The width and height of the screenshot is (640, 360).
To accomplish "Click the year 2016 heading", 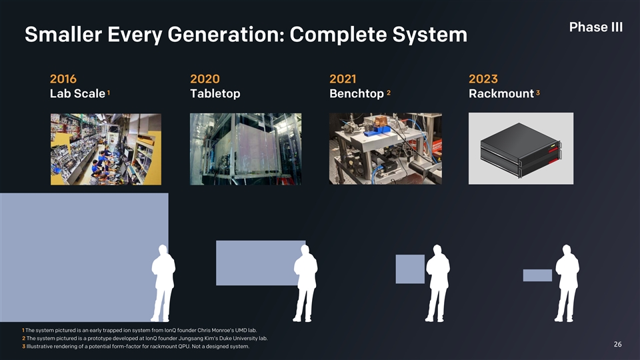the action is (x=63, y=79).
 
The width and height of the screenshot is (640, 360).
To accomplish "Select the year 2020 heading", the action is (x=205, y=79).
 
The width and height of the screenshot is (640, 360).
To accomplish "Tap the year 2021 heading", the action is (x=343, y=79).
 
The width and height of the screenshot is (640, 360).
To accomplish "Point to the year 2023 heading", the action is (x=483, y=79).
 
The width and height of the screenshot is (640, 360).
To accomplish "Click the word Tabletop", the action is (x=215, y=93).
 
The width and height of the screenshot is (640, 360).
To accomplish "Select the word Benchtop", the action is (x=356, y=93).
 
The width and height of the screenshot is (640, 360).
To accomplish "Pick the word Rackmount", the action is (x=501, y=93).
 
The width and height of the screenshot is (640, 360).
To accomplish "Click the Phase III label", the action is (x=596, y=27).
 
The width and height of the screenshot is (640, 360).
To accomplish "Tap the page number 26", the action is (x=617, y=345).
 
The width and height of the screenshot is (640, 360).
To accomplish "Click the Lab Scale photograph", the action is (x=106, y=149).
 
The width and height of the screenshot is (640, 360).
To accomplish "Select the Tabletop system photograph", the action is (x=246, y=149).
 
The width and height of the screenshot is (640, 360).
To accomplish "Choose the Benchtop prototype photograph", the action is (x=385, y=149).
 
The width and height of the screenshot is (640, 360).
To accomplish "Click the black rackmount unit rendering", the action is (x=521, y=150).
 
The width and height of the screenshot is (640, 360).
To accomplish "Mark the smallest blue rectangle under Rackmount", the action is (x=537, y=275).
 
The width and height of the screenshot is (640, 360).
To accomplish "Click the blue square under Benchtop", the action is (x=410, y=269).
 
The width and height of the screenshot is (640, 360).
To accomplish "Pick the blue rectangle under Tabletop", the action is (x=260, y=263).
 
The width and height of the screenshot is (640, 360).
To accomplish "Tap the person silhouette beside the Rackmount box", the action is (x=567, y=283).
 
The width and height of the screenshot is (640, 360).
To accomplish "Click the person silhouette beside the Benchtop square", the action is (x=437, y=283).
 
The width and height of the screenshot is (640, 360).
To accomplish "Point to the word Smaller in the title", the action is (x=63, y=34).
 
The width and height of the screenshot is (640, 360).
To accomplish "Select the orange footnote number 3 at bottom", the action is (x=24, y=347).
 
